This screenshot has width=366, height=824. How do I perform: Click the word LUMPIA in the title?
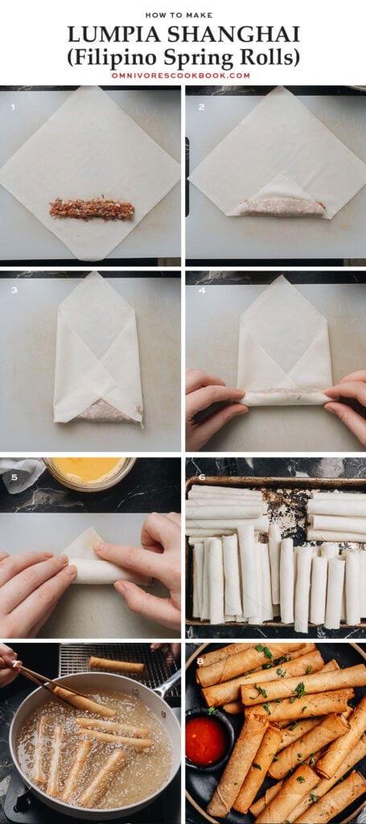click(107, 35)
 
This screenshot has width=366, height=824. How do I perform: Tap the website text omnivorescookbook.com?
click(183, 76)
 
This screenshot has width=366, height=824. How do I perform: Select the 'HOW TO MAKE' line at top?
click(183, 14)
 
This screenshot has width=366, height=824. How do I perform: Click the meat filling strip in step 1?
click(92, 209)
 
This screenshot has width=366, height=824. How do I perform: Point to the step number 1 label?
click(13, 106)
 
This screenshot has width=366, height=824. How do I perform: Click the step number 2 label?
click(201, 106)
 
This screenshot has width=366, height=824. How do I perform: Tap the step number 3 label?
click(14, 290)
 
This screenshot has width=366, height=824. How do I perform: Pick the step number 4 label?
click(201, 290)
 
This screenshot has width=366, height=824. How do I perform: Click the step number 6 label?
click(201, 476)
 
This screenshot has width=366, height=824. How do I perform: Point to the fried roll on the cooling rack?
click(117, 665)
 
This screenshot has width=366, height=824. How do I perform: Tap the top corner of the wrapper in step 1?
click(90, 91)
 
